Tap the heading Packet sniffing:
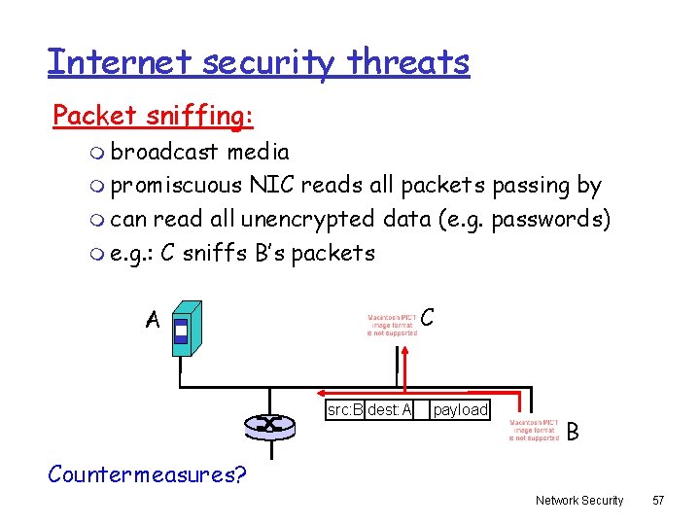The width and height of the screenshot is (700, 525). pos(153,116)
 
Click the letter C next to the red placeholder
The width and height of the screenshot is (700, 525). pos(429,318)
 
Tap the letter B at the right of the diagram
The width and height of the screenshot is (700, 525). pos(574,431)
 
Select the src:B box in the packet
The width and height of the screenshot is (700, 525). pos(345,409)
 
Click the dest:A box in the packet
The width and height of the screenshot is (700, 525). pos(390,409)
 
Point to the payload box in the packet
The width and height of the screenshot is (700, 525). pos(460,409)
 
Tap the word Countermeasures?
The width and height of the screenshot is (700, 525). pos(147,474)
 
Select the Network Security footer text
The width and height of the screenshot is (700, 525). pos(578,500)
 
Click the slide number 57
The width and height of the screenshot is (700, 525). pos(658,500)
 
